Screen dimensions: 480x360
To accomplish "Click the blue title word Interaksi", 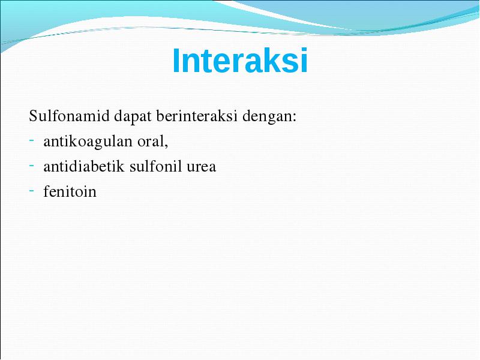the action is [240, 61].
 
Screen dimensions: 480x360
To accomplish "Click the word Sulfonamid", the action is [69, 116].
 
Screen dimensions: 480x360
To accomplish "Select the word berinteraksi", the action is [197, 116].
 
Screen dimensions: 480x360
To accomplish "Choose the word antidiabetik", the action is [84, 166].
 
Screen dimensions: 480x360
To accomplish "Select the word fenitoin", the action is [70, 191].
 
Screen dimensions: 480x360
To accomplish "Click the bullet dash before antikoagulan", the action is [32, 140].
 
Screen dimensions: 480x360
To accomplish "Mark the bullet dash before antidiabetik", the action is [32, 166].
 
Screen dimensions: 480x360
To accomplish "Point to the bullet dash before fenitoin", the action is [32, 191].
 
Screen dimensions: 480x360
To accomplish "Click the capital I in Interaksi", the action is [175, 61].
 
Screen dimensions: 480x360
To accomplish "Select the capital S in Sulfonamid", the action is [33, 116].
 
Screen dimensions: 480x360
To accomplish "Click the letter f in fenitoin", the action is [47, 191].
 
